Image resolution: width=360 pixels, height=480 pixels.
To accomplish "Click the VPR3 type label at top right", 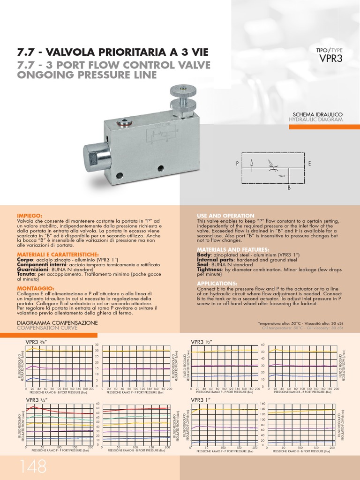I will coord(330,59).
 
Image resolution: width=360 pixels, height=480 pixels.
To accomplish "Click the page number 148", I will coord(33,467).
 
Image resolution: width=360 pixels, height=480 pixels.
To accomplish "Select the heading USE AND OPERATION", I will coord(225,216).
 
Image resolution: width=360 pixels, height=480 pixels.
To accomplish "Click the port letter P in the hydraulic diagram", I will coord(238,163).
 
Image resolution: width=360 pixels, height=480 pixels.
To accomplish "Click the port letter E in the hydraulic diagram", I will coord(309,163).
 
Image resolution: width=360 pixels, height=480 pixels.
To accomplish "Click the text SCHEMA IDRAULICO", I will coord(318,114).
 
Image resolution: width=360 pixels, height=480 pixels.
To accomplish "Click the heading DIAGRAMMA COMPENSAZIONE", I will coord(57,323).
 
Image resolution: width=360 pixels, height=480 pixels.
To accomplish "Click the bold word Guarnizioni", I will coord(32,270).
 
